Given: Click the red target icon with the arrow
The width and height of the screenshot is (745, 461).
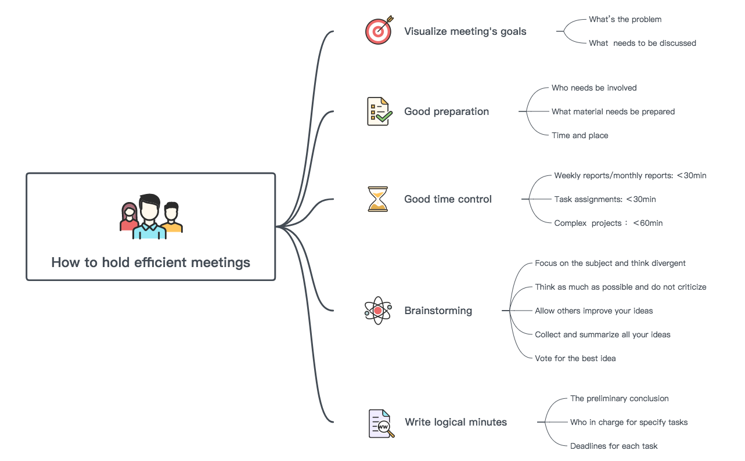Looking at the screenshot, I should [x=379, y=31].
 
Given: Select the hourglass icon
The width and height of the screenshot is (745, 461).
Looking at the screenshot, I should [x=377, y=199].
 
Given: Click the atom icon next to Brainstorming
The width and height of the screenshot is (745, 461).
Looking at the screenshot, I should [x=377, y=311].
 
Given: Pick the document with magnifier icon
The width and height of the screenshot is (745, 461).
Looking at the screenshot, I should [x=381, y=423].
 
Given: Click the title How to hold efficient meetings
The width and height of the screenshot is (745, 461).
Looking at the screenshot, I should [x=150, y=262].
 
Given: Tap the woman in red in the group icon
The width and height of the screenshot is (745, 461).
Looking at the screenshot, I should [x=129, y=217].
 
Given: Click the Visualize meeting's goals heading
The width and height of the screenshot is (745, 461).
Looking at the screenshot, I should [x=465, y=31].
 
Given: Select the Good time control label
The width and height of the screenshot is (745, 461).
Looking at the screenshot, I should [x=448, y=199].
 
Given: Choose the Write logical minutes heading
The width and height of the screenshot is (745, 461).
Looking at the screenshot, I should [x=456, y=422].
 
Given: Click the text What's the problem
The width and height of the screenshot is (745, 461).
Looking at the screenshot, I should [x=625, y=19].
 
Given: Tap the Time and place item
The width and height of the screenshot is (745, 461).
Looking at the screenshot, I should [x=580, y=135].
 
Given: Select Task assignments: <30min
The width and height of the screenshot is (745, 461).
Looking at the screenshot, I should [x=604, y=199].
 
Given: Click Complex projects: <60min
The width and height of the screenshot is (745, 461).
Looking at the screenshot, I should [x=608, y=223].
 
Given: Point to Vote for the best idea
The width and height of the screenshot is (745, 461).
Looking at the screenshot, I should [x=575, y=358].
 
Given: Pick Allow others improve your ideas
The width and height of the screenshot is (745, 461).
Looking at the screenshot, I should [x=593, y=311].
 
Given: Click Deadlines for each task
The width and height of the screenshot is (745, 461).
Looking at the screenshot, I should [x=614, y=446].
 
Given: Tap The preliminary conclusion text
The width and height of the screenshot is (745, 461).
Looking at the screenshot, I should [x=619, y=398].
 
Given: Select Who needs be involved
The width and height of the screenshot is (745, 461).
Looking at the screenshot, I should [x=594, y=88].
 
